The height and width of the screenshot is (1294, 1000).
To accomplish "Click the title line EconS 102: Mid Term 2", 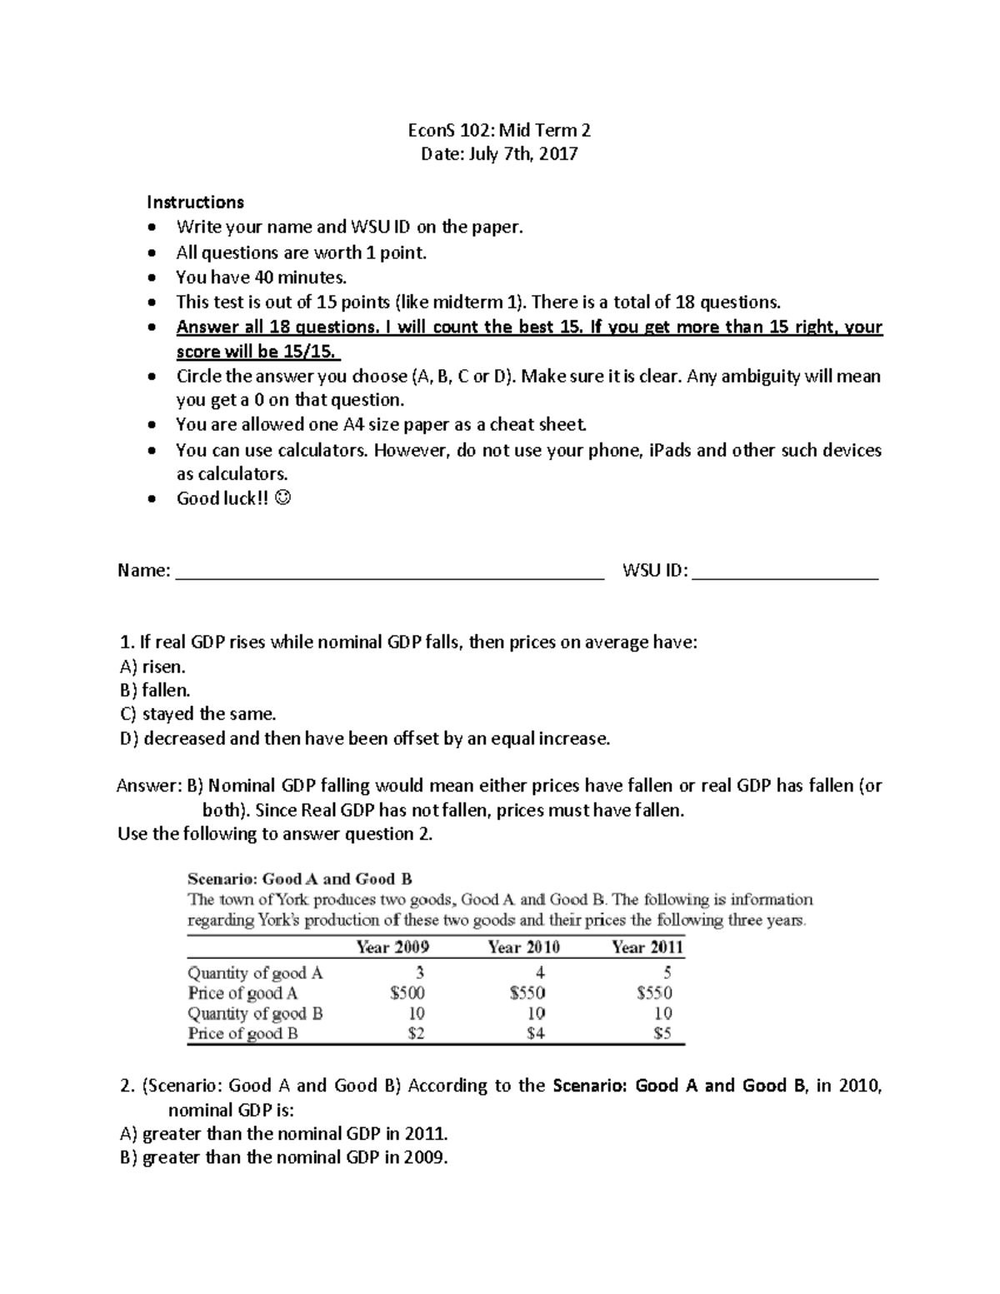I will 499,130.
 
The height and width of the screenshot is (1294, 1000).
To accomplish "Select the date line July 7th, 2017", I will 499,154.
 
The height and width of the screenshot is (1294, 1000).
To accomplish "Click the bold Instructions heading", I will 195,202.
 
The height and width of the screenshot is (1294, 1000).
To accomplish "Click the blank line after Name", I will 389,572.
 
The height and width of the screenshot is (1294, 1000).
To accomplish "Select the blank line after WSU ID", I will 785,572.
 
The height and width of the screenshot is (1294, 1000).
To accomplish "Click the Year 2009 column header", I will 392,947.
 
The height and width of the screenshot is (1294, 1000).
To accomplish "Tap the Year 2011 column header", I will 647,947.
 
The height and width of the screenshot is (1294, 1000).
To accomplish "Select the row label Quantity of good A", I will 255,973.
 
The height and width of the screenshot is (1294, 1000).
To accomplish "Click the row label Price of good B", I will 242,1034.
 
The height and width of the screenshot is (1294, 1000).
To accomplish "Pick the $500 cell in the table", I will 407,993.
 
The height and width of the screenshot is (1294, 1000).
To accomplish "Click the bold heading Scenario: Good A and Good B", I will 300,879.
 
